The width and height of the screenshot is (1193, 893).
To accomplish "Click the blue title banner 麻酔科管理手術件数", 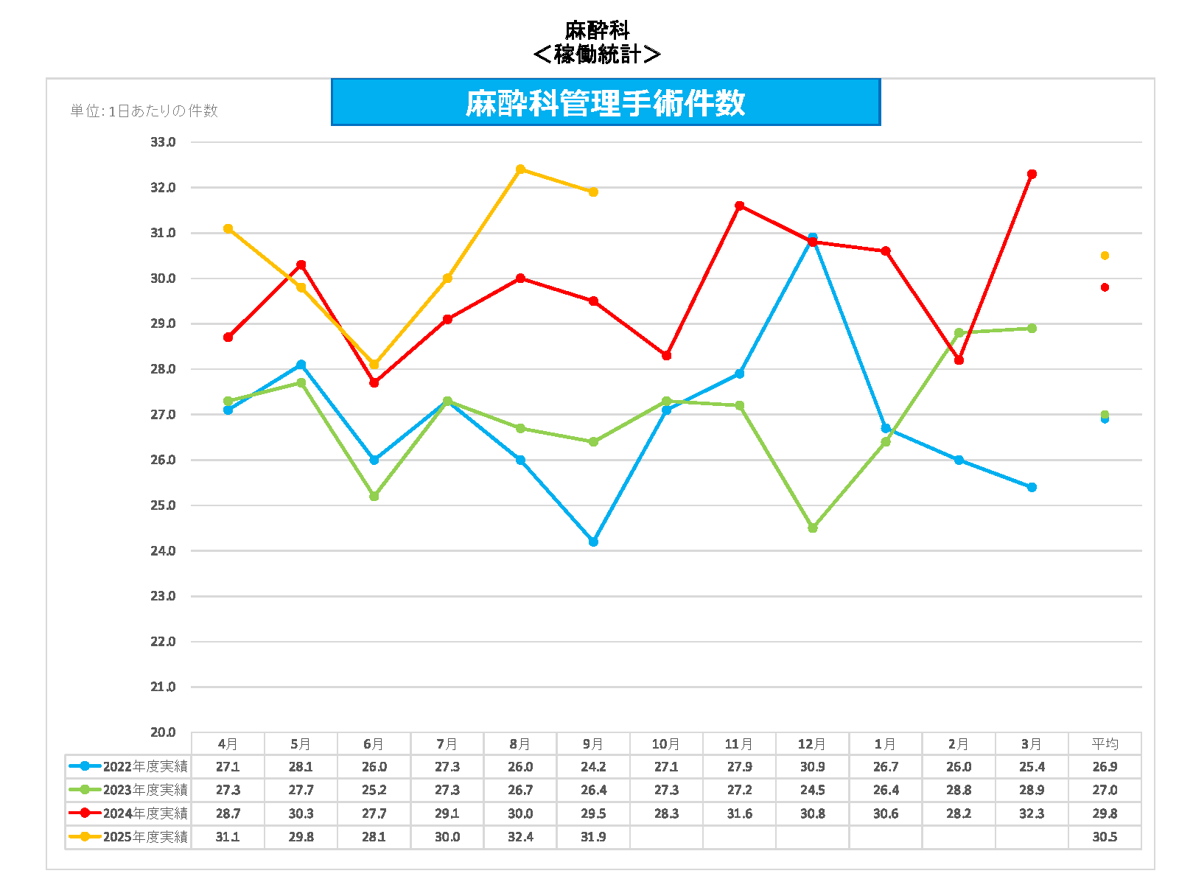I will pos(605,102).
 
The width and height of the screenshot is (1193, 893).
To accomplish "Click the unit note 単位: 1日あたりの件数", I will pos(144,111).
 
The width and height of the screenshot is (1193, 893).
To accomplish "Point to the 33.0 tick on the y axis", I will pos(163,142).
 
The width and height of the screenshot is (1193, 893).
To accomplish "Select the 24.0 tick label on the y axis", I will pos(163,550).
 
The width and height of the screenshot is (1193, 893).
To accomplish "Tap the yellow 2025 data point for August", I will pos(520,169).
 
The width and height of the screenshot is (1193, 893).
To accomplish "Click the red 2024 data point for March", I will pos(1032,174).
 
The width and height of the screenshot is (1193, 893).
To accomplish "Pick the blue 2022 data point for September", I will pos(593,542).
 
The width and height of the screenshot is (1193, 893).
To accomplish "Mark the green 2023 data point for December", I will pos(813,528).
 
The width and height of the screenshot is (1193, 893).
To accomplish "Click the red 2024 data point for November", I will pos(739,206).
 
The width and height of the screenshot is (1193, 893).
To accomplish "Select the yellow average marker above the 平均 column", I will pos(1105,256).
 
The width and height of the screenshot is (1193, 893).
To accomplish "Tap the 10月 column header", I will pos(666,744).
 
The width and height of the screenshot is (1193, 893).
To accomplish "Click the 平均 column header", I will pos(1105,744).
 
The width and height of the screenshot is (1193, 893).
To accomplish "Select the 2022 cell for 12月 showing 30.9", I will pos(813,767).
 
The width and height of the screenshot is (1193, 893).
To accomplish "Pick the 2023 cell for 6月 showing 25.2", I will pos(374,790).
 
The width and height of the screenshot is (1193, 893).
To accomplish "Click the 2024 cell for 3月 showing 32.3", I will pos(1032,813).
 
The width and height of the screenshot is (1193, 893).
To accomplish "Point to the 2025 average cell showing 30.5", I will pos(1105,837).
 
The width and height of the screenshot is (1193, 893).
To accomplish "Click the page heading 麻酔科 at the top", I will pos(597,30).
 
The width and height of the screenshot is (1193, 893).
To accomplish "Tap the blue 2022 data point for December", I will pos(813,237).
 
